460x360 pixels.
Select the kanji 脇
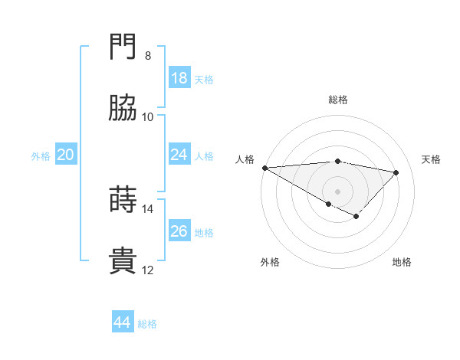pyautogui.click(x=123, y=110)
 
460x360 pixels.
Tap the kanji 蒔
pyautogui.click(x=123, y=200)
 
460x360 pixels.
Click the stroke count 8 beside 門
pyautogui.click(x=148, y=56)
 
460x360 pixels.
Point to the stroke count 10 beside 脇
pyautogui.click(x=148, y=117)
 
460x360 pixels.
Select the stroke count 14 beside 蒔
pyautogui.click(x=148, y=208)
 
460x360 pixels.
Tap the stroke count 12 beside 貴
pyautogui.click(x=148, y=270)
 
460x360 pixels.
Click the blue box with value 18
pyautogui.click(x=179, y=78)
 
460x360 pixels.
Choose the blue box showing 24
pyautogui.click(x=179, y=155)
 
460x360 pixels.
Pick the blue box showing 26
pyautogui.click(x=179, y=231)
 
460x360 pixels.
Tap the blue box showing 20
pyautogui.click(x=66, y=155)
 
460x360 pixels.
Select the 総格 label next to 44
pyautogui.click(x=147, y=324)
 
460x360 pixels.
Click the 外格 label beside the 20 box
pyautogui.click(x=41, y=156)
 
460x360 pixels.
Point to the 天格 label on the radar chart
pyautogui.click(x=431, y=159)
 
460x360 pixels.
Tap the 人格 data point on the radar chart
pyautogui.click(x=264, y=168)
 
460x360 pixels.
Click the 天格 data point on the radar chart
pyautogui.click(x=396, y=172)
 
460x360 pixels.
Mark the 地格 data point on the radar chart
pyautogui.click(x=356, y=217)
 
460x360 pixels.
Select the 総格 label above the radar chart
pyautogui.click(x=337, y=100)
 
